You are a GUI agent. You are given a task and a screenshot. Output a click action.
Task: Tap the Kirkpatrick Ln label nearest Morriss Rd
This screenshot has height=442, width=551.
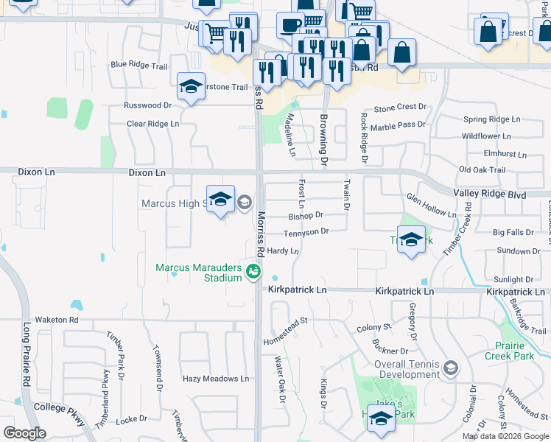(297, 291)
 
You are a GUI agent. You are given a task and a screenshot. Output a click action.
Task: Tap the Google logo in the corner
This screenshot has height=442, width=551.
(24, 433)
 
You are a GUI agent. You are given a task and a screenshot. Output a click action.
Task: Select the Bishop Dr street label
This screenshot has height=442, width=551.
(306, 216)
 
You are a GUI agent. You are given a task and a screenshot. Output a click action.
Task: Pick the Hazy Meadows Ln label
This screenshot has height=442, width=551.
(216, 379)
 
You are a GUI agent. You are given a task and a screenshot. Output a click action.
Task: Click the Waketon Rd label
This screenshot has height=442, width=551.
(63, 320)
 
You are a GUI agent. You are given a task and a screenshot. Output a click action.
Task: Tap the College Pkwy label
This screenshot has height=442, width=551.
(56, 407)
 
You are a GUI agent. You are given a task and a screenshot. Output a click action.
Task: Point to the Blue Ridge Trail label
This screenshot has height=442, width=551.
(139, 65)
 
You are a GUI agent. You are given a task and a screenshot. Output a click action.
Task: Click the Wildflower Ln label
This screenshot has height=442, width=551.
(486, 136)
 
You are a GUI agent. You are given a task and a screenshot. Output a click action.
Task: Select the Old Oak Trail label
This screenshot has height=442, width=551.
(482, 170)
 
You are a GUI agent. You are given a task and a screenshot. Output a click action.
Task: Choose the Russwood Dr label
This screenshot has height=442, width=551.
(147, 105)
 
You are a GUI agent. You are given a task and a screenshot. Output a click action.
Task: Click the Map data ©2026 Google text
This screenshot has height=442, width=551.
(505, 436)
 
